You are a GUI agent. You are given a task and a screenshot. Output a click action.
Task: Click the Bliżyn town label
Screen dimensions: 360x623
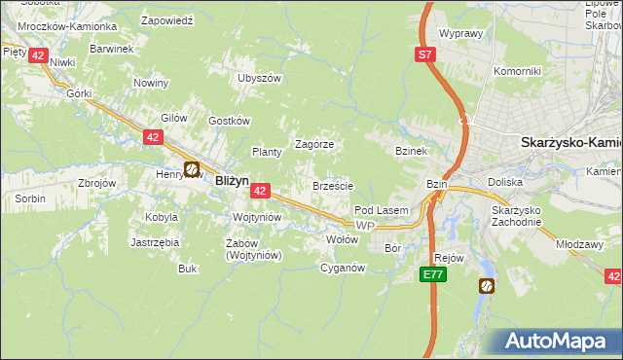232,180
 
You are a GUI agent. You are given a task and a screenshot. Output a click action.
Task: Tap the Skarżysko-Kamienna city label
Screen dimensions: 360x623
570,142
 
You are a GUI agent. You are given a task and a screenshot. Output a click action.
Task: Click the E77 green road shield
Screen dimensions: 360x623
435,276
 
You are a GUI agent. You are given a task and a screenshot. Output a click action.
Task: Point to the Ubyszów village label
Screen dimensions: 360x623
259,78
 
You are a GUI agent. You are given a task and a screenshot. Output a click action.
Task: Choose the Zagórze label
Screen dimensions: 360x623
314,144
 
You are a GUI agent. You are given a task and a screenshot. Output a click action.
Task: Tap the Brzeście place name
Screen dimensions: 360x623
332,186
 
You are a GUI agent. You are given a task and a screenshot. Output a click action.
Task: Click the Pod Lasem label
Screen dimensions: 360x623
381,210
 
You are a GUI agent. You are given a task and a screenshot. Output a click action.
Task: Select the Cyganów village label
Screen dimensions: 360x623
342,268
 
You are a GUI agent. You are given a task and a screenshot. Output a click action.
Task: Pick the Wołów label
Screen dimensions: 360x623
341,238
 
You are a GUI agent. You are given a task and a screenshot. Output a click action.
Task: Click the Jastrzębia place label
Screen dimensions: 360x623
153,242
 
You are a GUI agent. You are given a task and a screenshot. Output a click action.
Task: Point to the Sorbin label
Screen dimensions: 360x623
29,198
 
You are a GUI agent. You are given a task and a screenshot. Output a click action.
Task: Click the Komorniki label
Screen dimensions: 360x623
516,71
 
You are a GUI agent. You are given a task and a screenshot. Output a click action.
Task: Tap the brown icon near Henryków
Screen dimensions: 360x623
192,168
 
